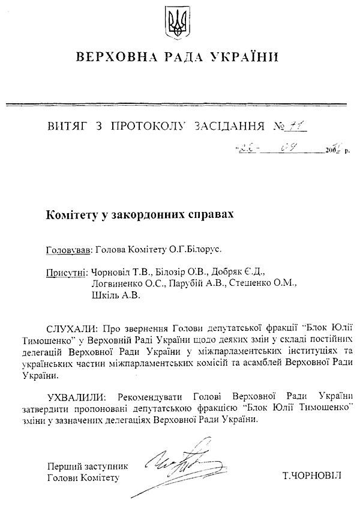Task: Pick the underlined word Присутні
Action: coord(66,272)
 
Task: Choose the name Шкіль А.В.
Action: coord(116,295)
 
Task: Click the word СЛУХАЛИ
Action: coord(70,329)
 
